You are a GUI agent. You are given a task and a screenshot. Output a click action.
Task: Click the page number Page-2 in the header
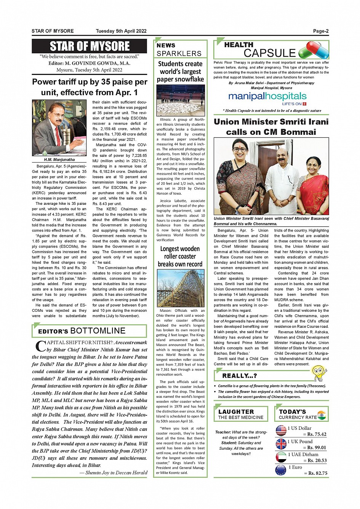pos(321,31)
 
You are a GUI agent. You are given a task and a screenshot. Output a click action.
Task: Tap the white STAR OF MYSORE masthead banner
pos(90,46)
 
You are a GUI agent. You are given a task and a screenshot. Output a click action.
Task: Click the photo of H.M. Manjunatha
pos(59,128)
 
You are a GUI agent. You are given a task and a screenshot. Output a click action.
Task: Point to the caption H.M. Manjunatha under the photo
pos(59,160)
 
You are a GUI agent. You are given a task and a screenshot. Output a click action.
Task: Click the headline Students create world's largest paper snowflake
pos(180,72)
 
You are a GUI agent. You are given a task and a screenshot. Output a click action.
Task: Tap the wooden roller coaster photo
pos(181,288)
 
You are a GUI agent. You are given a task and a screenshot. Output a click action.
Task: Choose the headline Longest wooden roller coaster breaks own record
pos(180,256)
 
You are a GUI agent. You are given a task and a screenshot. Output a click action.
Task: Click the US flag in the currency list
pos(281,431)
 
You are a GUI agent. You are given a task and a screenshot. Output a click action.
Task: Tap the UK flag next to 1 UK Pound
pos(281,444)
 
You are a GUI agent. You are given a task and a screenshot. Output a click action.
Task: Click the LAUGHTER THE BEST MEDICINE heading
pos(241,414)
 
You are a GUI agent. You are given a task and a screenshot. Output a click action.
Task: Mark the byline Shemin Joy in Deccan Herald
pos(113,473)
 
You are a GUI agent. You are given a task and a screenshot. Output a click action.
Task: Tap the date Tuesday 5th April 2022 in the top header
pos(121,31)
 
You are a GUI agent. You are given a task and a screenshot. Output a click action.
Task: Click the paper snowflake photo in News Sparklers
pos(181,100)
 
